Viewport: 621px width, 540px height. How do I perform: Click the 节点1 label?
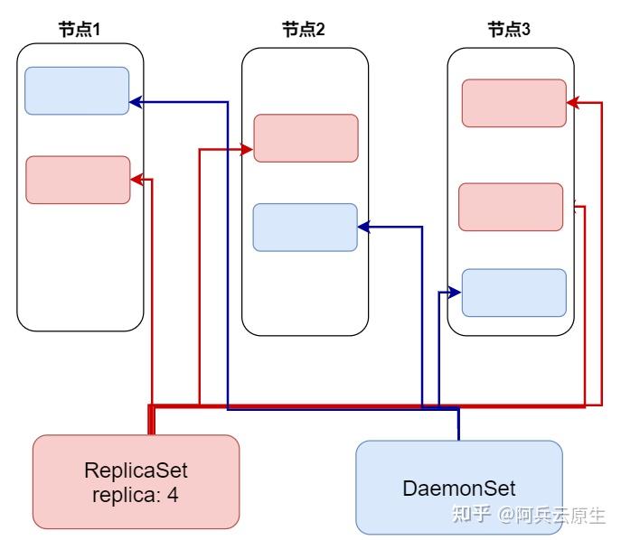tap(79, 30)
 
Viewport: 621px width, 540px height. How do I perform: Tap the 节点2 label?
tap(304, 30)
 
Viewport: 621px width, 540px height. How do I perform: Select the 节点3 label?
tap(509, 30)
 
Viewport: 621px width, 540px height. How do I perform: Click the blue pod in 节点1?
tap(77, 90)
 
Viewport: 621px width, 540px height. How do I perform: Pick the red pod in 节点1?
tap(78, 180)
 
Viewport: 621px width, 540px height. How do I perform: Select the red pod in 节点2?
tap(306, 138)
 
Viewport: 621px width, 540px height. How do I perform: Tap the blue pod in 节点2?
tap(305, 227)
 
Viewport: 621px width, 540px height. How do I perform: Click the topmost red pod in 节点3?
tap(513, 103)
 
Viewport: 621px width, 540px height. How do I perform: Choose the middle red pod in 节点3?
tap(512, 207)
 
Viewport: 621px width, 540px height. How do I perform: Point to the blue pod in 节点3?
tap(513, 292)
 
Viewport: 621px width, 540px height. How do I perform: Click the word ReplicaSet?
tap(136, 470)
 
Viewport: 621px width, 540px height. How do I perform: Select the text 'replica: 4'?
tap(136, 494)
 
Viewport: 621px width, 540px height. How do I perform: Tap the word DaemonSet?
tap(458, 489)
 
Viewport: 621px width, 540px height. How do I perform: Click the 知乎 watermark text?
tap(470, 515)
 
